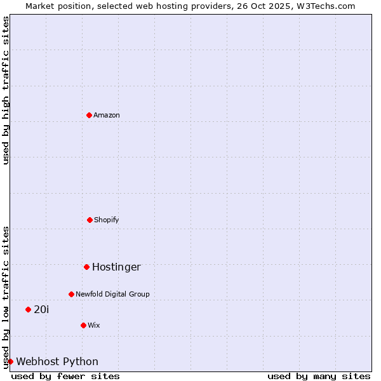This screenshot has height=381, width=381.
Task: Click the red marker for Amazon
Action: click(89, 115)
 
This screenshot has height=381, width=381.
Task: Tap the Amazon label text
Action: click(107, 116)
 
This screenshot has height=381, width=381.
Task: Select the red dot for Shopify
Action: click(90, 220)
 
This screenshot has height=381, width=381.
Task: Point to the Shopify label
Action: click(107, 220)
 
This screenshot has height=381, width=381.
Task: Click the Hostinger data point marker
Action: click(86, 267)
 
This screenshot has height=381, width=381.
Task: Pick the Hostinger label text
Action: click(116, 267)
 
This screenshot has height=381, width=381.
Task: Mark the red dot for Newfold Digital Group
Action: click(71, 294)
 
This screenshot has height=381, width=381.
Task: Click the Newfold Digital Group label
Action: click(112, 295)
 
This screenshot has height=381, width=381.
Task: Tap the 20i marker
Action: click(28, 309)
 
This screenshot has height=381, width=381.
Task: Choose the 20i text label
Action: click(41, 310)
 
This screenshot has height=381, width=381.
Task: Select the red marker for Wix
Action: click(83, 325)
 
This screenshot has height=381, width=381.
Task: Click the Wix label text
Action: click(94, 326)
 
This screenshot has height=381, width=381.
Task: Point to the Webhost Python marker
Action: click(10, 361)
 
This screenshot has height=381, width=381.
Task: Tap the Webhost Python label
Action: click(57, 362)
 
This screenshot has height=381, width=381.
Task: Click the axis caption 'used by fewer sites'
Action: click(65, 376)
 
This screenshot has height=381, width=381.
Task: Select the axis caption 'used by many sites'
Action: click(319, 376)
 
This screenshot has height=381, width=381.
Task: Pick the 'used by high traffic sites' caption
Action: click(6, 90)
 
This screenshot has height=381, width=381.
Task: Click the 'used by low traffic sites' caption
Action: click(6, 297)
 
